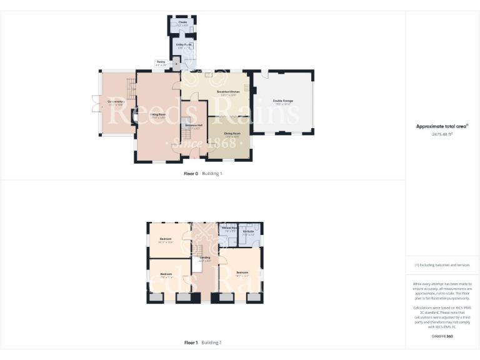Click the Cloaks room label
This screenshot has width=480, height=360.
[183, 22]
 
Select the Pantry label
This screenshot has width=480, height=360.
[161, 62]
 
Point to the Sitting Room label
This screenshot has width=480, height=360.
[158, 115]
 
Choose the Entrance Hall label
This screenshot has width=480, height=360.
[193, 126]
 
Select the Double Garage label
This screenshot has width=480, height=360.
[282, 101]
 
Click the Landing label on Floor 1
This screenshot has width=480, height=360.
[204, 257]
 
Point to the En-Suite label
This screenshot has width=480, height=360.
[248, 231]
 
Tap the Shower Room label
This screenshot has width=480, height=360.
[229, 227]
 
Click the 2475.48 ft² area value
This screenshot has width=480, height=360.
[442, 134]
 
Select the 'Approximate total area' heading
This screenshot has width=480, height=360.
[441, 126]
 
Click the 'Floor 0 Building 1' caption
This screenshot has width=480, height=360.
[202, 173]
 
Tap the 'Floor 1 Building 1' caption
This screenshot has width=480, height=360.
[202, 342]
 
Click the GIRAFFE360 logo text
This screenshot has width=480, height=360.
[442, 336]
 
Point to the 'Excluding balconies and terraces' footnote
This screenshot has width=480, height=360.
[442, 265]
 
